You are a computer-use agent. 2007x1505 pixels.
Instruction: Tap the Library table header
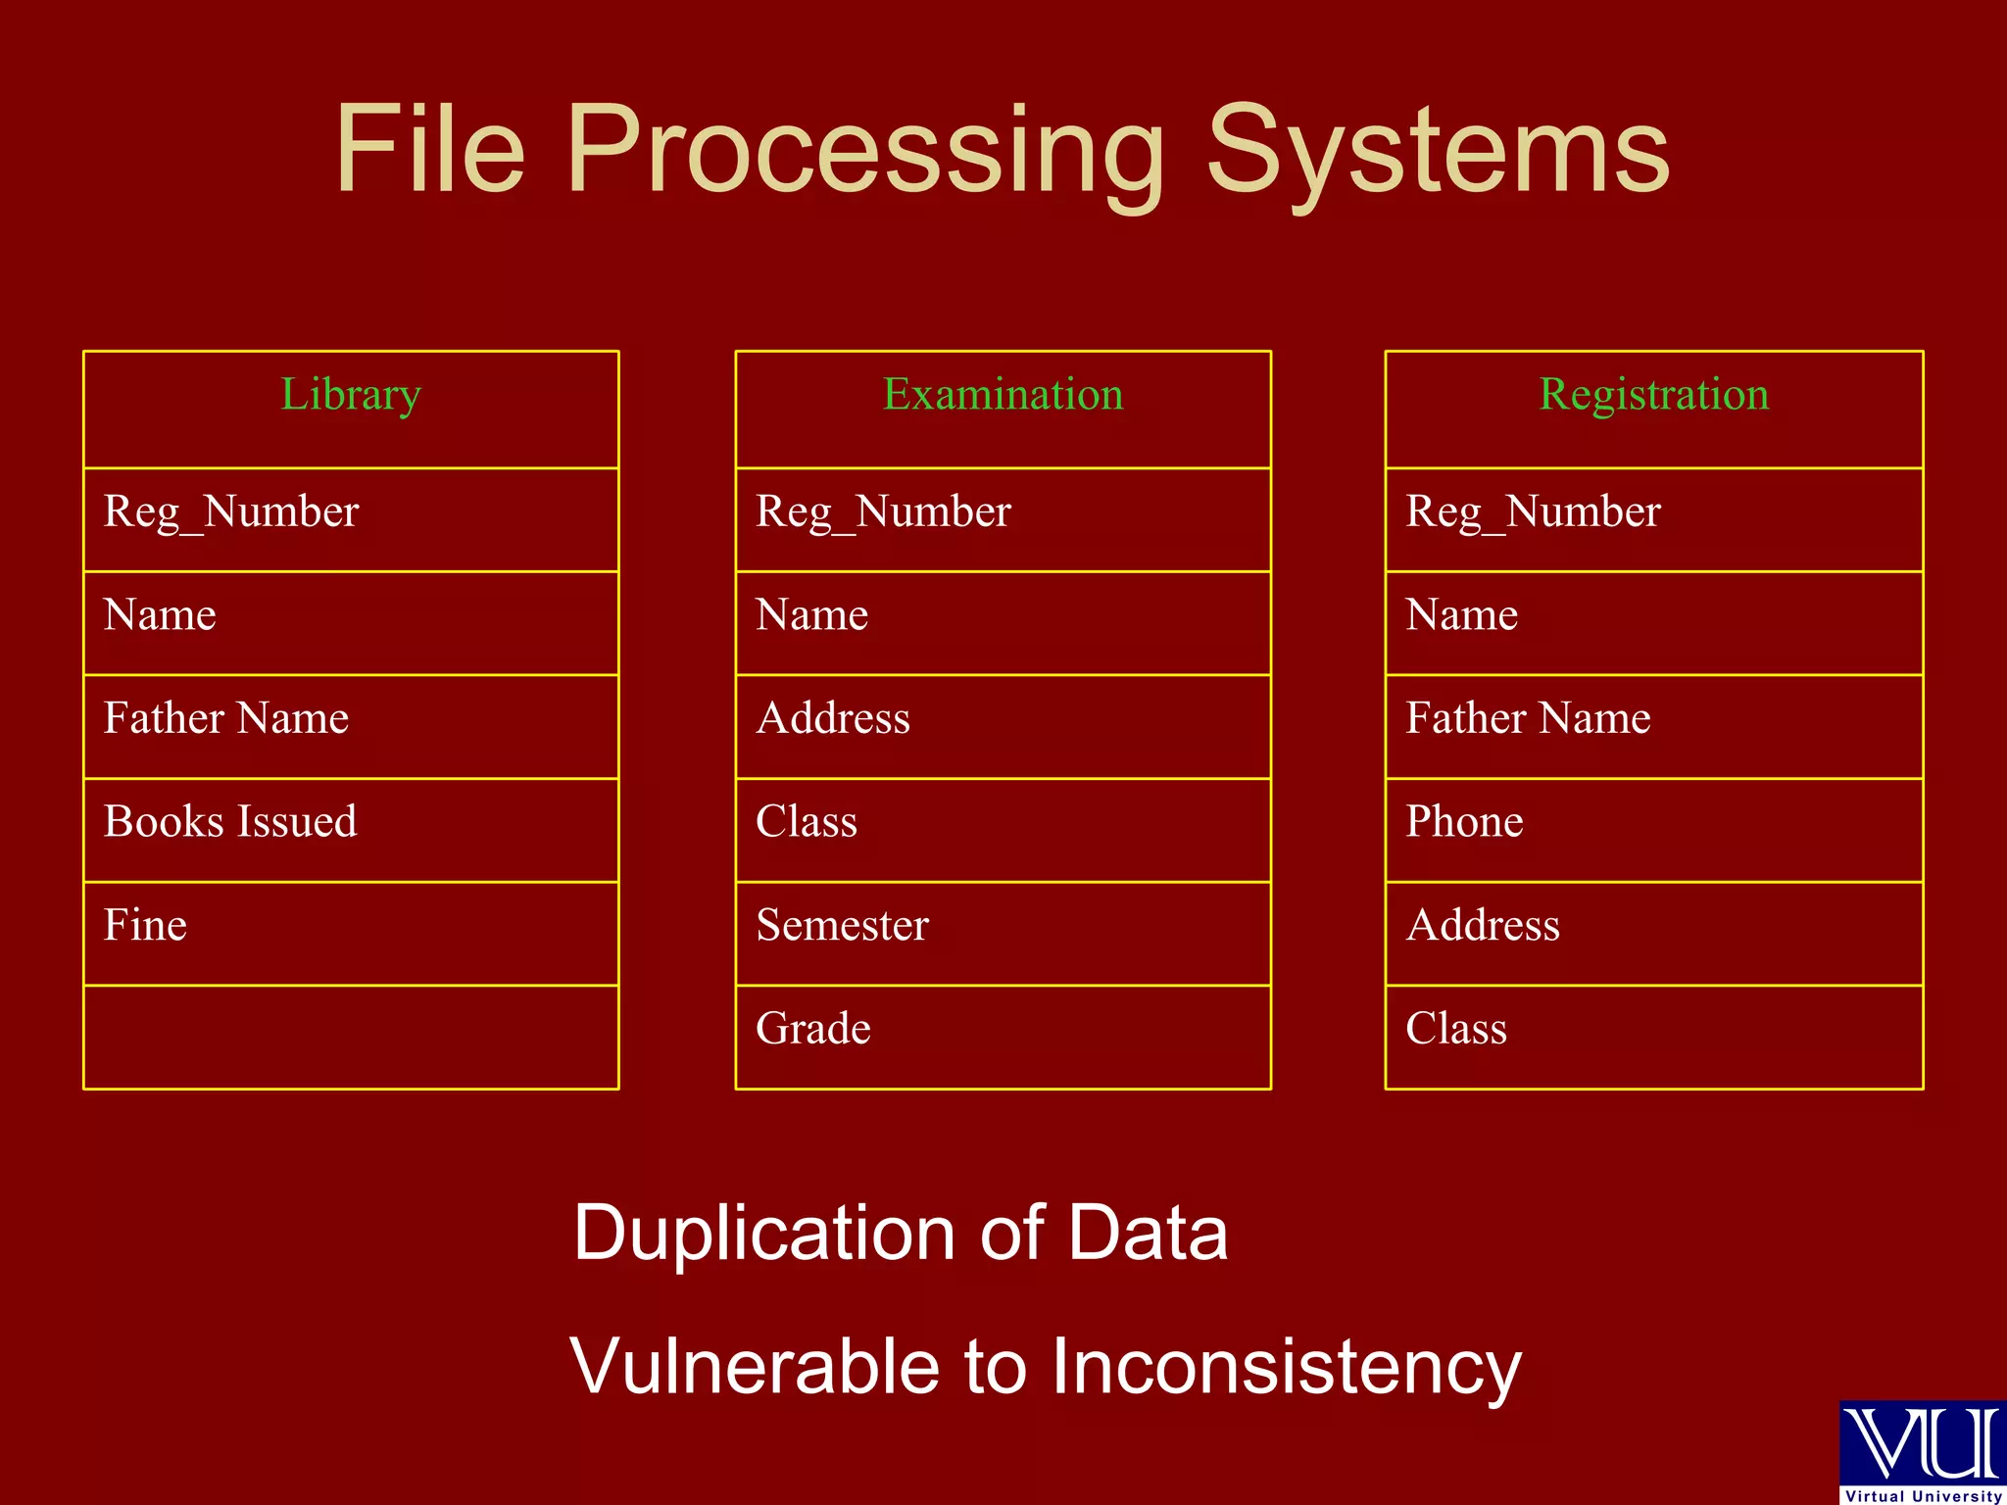351,395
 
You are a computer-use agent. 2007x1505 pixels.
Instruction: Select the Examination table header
1003,395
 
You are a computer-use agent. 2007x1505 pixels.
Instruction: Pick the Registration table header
1654,395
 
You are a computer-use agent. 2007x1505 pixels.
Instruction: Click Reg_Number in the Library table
231,512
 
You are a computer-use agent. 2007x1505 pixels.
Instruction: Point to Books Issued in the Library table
230,822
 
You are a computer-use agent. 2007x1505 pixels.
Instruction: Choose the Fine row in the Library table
145,926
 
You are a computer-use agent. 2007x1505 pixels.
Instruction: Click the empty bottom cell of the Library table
351,1037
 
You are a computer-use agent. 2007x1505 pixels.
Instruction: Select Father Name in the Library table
226,718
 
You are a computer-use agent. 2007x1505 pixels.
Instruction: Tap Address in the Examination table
833,718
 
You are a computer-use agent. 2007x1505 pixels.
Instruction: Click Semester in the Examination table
842,926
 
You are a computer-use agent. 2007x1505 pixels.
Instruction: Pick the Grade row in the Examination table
813,1029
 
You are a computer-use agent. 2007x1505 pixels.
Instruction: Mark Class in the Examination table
807,822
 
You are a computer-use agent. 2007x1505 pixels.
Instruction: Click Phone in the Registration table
1464,822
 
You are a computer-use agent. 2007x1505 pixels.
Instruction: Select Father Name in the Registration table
1528,718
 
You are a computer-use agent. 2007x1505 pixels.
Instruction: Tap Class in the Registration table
1456,1029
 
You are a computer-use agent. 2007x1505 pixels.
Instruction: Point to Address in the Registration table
1483,926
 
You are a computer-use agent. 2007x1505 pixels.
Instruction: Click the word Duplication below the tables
763,1234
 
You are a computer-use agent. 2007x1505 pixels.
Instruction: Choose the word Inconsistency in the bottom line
1287,1367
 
